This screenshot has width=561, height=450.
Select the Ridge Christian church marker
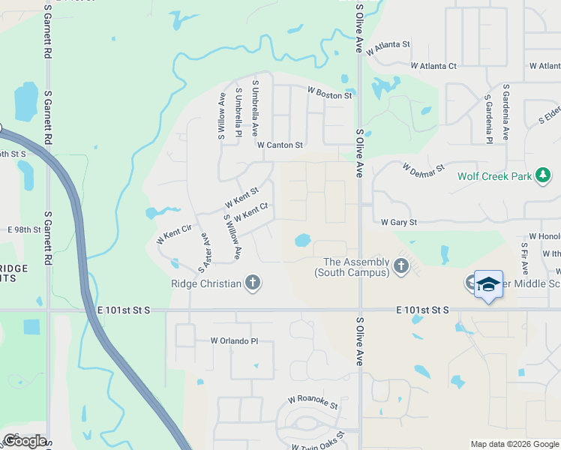(253, 283)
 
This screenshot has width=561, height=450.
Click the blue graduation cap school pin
(488, 284)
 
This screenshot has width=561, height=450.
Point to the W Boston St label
(329, 95)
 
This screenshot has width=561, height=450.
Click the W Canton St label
(280, 145)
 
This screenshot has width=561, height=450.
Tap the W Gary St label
(398, 222)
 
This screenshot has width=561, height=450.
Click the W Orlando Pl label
(234, 340)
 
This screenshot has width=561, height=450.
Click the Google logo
(25, 440)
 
